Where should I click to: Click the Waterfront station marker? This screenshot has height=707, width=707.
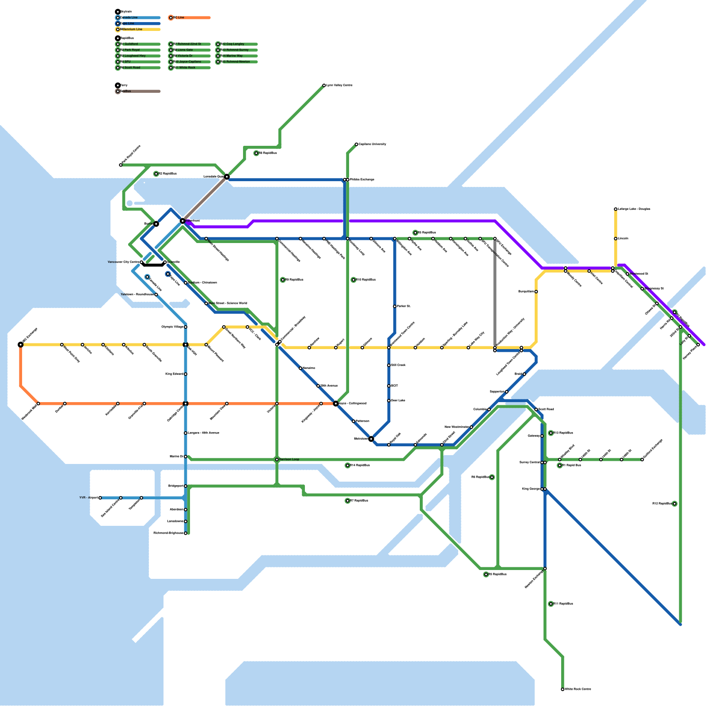pyautogui.click(x=182, y=220)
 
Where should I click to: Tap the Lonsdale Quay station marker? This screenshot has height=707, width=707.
pyautogui.click(x=227, y=177)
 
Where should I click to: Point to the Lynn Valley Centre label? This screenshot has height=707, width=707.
pyautogui.click(x=339, y=85)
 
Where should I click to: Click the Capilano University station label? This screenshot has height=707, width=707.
pyautogui.click(x=373, y=144)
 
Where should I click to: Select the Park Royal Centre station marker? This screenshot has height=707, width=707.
pyautogui.click(x=121, y=165)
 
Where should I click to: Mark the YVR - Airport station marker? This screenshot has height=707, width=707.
pyautogui.click(x=100, y=498)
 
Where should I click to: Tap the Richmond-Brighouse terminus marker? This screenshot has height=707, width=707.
pyautogui.click(x=186, y=533)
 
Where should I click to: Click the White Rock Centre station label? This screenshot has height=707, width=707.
pyautogui.click(x=578, y=689)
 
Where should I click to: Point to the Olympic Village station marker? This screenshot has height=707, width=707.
pyautogui.click(x=186, y=327)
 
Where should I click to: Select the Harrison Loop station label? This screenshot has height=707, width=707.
pyautogui.click(x=289, y=460)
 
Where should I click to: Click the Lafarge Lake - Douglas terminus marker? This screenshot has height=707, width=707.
pyautogui.click(x=616, y=209)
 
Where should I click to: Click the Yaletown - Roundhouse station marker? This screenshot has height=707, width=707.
pyautogui.click(x=156, y=295)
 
